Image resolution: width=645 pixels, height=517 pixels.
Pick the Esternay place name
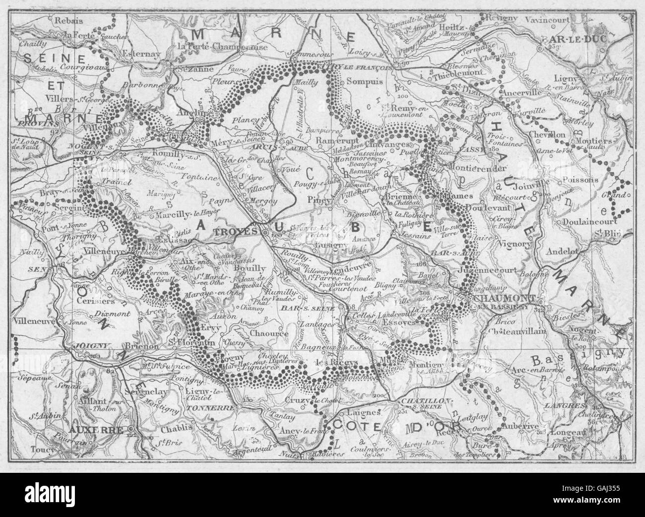[147, 50]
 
